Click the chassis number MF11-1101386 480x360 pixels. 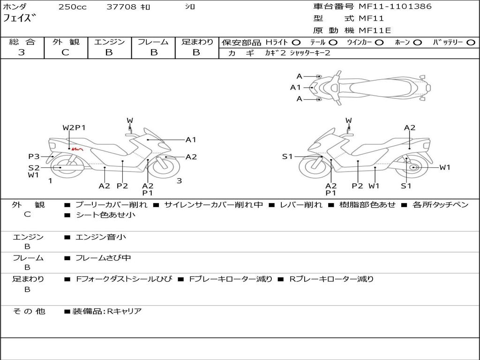pyautogui.click(x=395, y=7)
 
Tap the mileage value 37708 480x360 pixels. pyautogui.click(x=121, y=7)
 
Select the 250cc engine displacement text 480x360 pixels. pyautogui.click(x=72, y=7)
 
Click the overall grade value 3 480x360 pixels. pyautogui.click(x=22, y=52)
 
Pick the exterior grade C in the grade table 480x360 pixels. pyautogui.click(x=65, y=52)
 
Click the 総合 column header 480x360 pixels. pyautogui.click(x=22, y=42)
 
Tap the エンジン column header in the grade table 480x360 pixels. pyautogui.click(x=109, y=42)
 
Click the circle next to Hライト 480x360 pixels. pyautogui.click(x=297, y=43)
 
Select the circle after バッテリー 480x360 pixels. pyautogui.click(x=471, y=43)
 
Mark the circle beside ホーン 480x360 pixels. pyautogui.click(x=418, y=43)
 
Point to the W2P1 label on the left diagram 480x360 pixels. pyautogui.click(x=74, y=127)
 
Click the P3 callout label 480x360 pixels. pyautogui.click(x=34, y=157)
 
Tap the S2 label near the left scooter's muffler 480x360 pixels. pyautogui.click(x=34, y=167)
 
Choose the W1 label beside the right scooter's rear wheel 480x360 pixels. pyautogui.click(x=444, y=167)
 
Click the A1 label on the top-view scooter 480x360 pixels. pyautogui.click(x=295, y=87)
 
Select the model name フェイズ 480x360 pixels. pyautogui.click(x=20, y=18)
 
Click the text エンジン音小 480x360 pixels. pyautogui.click(x=101, y=237)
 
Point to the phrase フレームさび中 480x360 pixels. pyautogui.click(x=103, y=258)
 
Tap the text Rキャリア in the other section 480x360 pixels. pyautogui.click(x=124, y=311)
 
